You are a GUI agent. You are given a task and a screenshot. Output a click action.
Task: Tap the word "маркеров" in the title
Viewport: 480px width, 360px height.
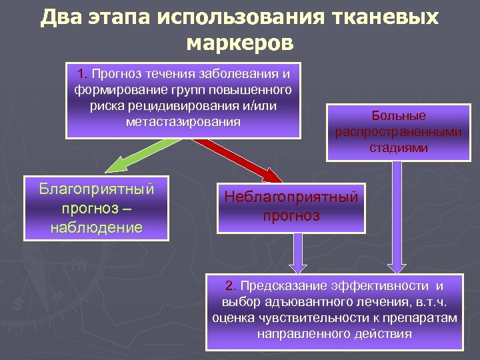(x=239, y=43)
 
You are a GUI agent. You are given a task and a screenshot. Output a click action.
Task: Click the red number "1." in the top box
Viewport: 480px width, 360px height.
(x=83, y=73)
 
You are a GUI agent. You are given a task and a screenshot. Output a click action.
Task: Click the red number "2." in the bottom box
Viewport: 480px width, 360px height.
(x=231, y=286)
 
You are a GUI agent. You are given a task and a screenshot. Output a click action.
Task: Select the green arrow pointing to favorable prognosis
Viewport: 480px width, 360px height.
(x=133, y=158)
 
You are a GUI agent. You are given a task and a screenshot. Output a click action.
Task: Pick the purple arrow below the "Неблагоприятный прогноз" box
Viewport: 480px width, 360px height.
(x=298, y=253)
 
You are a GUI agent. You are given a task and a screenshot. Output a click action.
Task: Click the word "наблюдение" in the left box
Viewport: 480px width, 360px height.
(x=97, y=227)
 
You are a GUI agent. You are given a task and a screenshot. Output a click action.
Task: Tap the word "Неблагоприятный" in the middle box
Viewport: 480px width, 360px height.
(x=291, y=197)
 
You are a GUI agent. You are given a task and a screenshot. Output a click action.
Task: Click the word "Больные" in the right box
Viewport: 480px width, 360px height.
(x=399, y=115)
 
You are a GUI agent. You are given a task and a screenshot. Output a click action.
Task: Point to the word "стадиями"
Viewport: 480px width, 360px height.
(x=399, y=147)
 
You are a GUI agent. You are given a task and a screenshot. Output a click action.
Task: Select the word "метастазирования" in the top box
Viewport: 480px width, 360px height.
(x=183, y=122)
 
